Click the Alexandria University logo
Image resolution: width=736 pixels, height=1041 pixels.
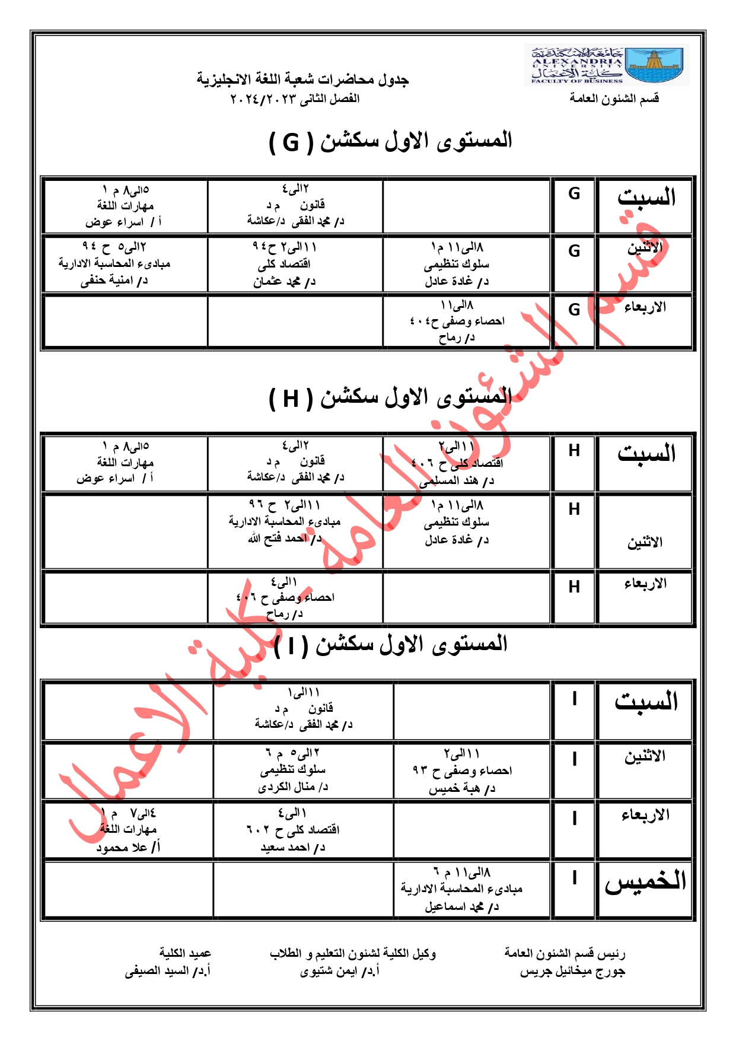pos(606,65)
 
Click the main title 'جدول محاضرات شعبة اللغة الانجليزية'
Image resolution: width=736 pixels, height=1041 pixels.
pos(302,79)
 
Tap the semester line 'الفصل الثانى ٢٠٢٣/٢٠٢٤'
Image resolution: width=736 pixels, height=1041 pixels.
pos(295,98)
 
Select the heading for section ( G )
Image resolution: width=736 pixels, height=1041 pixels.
pos(390,141)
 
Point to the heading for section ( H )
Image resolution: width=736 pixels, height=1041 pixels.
pos(390,397)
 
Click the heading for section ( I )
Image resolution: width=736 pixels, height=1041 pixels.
pos(390,645)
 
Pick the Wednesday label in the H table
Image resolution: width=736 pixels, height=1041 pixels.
pos(645,584)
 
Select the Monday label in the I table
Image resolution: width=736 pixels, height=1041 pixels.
pos(645,756)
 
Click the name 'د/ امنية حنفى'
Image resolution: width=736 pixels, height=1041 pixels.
pos(114,281)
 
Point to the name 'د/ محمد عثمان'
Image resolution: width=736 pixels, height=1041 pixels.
pos(284,282)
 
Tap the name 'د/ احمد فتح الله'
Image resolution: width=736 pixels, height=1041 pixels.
pos(285,538)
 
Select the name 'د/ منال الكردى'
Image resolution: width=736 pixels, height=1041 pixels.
pos(293,788)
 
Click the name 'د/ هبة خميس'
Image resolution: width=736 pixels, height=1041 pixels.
pos(461,789)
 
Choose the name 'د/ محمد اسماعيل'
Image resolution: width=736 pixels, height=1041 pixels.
pos(461,907)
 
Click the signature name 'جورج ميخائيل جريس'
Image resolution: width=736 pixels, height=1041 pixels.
pos(572,972)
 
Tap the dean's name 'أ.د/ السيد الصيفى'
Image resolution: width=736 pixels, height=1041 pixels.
pos(168,971)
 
